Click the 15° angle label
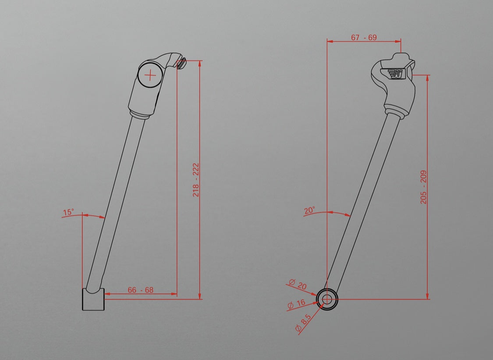(68, 212)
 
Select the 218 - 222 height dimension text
(196, 180)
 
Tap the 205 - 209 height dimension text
(423, 187)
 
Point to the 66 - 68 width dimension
(140, 290)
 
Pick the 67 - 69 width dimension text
(364, 37)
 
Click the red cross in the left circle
(150, 76)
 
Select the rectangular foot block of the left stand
(93, 299)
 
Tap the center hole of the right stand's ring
(327, 299)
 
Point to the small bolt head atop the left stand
(182, 64)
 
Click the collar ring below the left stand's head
(142, 114)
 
